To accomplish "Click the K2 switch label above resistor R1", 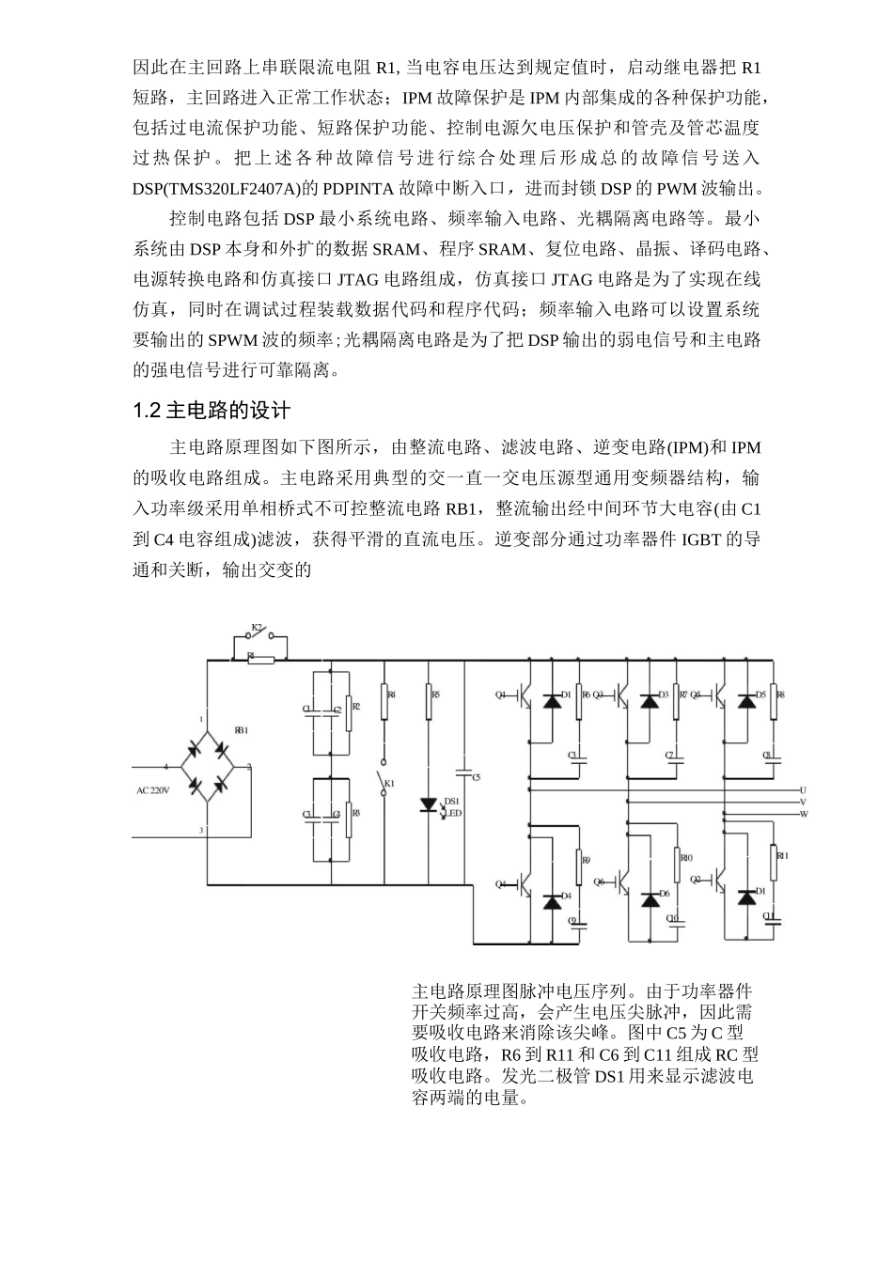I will (x=256, y=627).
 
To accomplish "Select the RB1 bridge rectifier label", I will (x=242, y=730).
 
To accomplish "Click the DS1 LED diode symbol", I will (x=429, y=804).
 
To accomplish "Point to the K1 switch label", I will (x=390, y=783).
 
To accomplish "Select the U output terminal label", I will (x=803, y=789).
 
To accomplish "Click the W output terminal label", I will (x=804, y=813).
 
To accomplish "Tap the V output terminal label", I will (x=803, y=802).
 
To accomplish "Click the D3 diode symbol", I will (x=650, y=701).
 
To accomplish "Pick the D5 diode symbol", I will (x=748, y=701).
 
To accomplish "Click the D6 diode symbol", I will (x=650, y=899).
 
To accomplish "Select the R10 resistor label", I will (x=687, y=857).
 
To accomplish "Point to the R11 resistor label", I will (x=782, y=856).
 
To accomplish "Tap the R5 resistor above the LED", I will (x=430, y=695).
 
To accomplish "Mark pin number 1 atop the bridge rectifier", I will (x=200, y=719).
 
